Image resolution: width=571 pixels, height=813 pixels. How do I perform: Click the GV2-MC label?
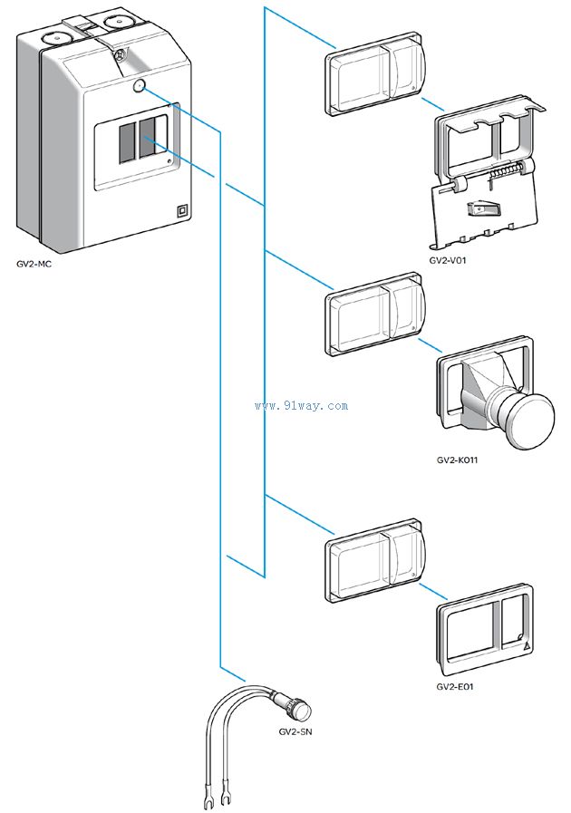coord(34,265)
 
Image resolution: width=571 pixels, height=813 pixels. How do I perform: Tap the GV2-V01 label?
coord(449,260)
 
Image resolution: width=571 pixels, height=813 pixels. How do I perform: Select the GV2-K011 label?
coord(457,460)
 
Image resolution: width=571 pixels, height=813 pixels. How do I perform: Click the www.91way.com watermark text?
coord(302,406)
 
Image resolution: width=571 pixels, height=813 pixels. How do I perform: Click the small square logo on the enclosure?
coord(182,209)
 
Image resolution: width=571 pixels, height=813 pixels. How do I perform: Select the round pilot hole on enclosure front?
coord(139,87)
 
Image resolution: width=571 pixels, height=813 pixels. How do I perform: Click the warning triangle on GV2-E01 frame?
coord(526,647)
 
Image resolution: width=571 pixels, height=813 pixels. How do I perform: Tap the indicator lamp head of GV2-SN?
coord(298,709)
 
